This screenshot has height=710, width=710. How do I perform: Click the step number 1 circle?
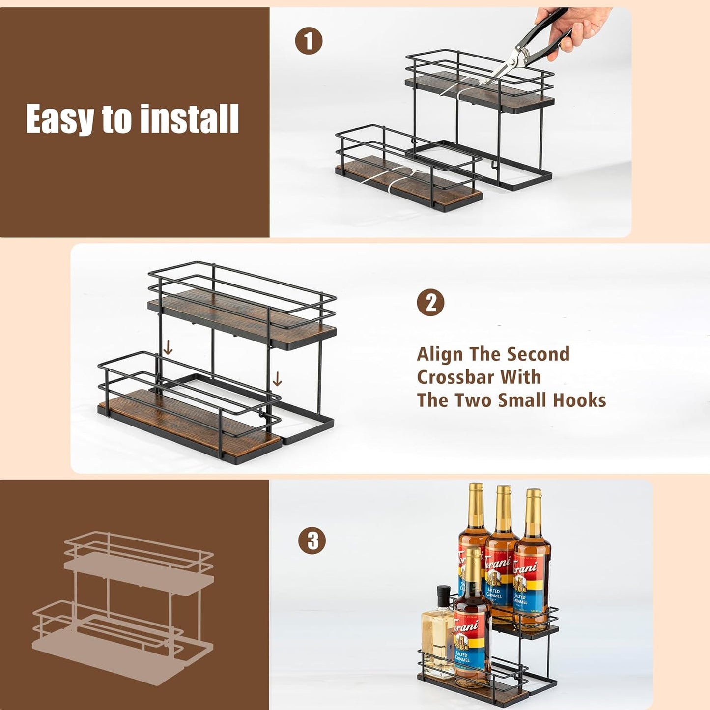point(309,41)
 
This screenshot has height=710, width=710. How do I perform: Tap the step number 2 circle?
point(430,303)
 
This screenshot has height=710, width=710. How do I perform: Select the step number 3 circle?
point(312,540)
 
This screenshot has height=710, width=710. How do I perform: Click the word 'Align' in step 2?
point(440,354)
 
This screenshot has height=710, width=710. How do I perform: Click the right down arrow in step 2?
point(277,379)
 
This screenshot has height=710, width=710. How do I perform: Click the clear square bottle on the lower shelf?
point(437,639)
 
